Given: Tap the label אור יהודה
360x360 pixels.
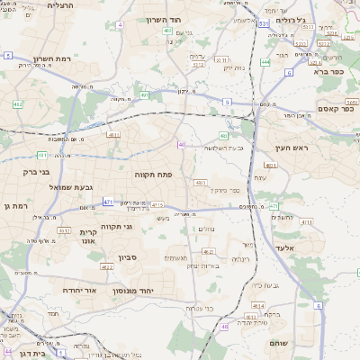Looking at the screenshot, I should [x=80, y=291].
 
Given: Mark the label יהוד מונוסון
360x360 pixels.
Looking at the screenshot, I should [x=135, y=291].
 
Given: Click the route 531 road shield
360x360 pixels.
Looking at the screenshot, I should [x=263, y=24].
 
